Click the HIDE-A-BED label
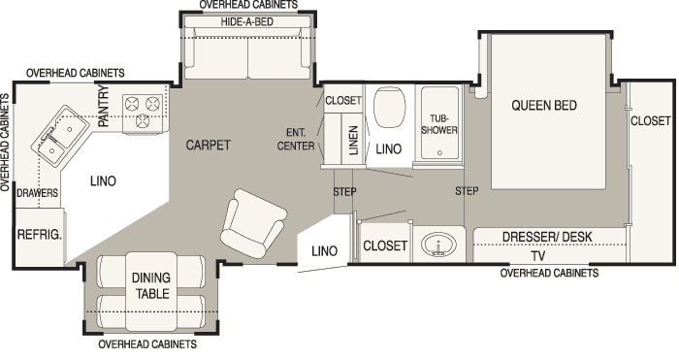tap(246, 21)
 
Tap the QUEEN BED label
tap(544, 105)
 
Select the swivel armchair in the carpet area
tap(253, 223)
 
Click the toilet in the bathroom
tap(389, 108)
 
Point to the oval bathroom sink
tap(438, 245)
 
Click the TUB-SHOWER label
tap(439, 124)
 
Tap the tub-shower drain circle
tap(439, 153)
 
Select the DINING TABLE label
tap(151, 285)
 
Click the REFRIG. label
tap(40, 235)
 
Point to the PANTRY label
tap(104, 106)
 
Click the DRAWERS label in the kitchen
tap(37, 193)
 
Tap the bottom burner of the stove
tap(143, 121)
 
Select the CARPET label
tap(208, 145)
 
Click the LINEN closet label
tap(353, 140)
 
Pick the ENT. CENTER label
tap(296, 139)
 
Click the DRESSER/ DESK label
tap(547, 237)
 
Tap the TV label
tap(537, 256)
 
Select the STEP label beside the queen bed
tap(467, 191)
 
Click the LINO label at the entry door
tap(324, 250)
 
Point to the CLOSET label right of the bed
tap(651, 120)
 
